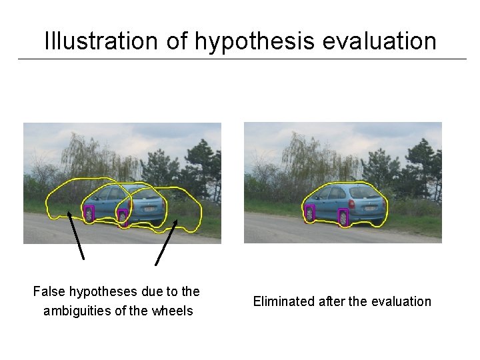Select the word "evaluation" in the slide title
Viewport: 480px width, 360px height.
[x=379, y=41]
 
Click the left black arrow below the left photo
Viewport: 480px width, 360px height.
[x=76, y=237]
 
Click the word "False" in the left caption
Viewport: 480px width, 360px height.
[x=49, y=291]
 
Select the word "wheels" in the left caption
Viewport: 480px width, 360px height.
[x=172, y=311]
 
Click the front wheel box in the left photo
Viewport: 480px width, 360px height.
[x=89, y=213]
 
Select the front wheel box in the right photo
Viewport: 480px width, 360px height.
[x=309, y=213]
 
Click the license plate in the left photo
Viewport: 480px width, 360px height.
[x=151, y=207]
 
